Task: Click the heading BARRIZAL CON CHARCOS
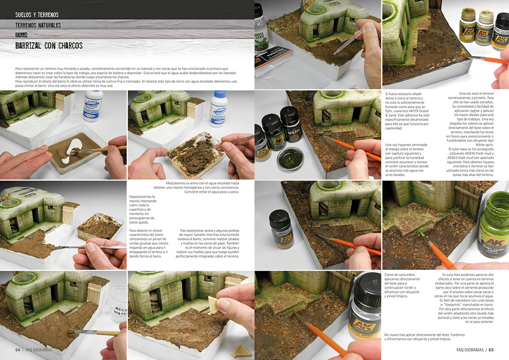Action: point(49,45)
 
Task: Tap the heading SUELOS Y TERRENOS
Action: point(37,15)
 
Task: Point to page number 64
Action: point(18,349)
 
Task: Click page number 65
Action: point(491,349)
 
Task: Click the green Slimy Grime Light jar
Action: point(494,227)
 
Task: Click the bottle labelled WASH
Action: point(292,128)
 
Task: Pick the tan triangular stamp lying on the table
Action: point(238,351)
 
